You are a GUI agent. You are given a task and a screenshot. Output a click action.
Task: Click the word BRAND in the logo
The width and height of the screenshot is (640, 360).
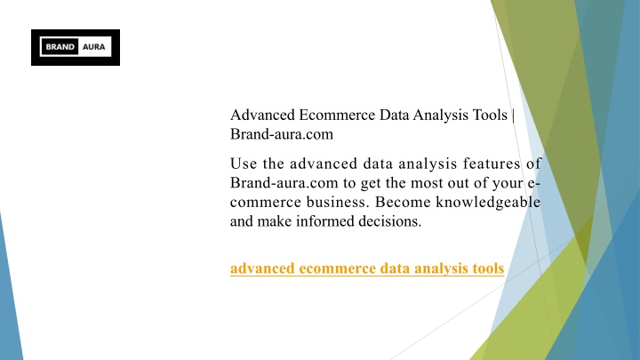point(60,47)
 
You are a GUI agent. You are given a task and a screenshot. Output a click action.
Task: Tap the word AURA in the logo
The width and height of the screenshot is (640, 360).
point(94,47)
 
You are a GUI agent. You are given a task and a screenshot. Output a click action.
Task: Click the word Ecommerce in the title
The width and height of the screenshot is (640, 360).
point(337,115)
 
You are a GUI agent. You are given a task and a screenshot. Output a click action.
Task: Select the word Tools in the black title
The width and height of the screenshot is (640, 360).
point(490,115)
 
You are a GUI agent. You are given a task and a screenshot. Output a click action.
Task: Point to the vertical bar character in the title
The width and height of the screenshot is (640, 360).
point(513,116)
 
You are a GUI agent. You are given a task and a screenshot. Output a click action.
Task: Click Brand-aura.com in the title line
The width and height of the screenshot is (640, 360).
point(282,134)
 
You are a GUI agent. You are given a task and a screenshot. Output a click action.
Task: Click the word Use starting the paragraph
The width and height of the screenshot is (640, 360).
point(244,164)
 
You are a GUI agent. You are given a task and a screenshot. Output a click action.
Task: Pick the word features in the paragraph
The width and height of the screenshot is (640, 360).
point(492,164)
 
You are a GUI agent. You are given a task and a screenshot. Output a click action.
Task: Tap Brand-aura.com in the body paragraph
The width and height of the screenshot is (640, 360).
point(284,183)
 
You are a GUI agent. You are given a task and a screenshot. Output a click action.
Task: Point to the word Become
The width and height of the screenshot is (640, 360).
point(403,202)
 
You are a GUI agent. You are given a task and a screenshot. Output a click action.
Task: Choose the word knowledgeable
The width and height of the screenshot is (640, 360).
point(488,203)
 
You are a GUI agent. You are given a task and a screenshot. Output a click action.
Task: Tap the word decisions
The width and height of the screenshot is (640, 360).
point(390,221)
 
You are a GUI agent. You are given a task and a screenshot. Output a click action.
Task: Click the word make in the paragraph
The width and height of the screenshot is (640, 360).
point(275,221)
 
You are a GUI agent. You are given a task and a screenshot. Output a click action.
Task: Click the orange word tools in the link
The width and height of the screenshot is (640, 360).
point(488,268)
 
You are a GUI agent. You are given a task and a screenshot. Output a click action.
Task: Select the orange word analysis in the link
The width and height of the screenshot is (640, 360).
point(441,269)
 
